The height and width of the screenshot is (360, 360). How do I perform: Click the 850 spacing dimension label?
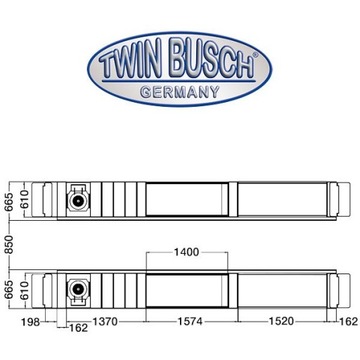click(x=7, y=242)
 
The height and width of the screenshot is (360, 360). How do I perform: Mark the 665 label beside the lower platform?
click(x=7, y=290)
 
